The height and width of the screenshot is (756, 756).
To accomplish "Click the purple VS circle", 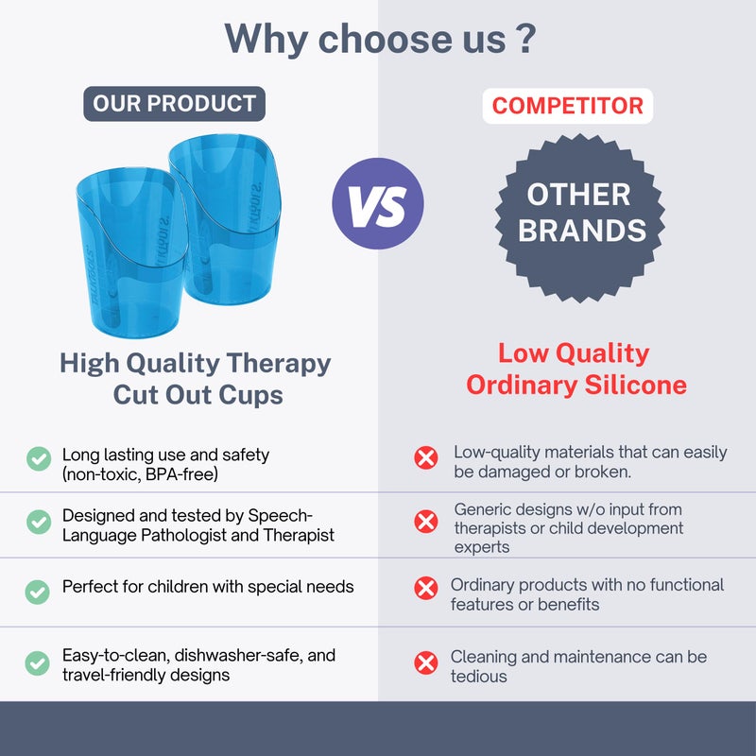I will (x=378, y=203).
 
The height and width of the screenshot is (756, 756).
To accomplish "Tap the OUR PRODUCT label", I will (x=174, y=104).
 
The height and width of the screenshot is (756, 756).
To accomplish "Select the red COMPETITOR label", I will (x=568, y=105).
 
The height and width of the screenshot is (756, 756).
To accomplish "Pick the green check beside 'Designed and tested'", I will (x=38, y=521).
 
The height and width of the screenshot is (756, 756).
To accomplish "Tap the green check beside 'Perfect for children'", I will (x=38, y=592).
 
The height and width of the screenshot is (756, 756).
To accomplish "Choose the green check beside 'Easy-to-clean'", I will (x=38, y=662).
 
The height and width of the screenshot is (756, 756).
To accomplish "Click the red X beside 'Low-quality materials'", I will (x=426, y=458).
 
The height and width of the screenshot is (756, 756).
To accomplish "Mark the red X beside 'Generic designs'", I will (x=426, y=521).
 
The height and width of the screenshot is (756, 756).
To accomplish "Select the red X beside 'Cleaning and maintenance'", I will (x=426, y=662).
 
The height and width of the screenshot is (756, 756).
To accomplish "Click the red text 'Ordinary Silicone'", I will (x=576, y=386).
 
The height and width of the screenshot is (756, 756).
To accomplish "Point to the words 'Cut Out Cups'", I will (x=198, y=394).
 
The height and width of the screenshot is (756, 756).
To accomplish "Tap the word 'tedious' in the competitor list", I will (x=479, y=677).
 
